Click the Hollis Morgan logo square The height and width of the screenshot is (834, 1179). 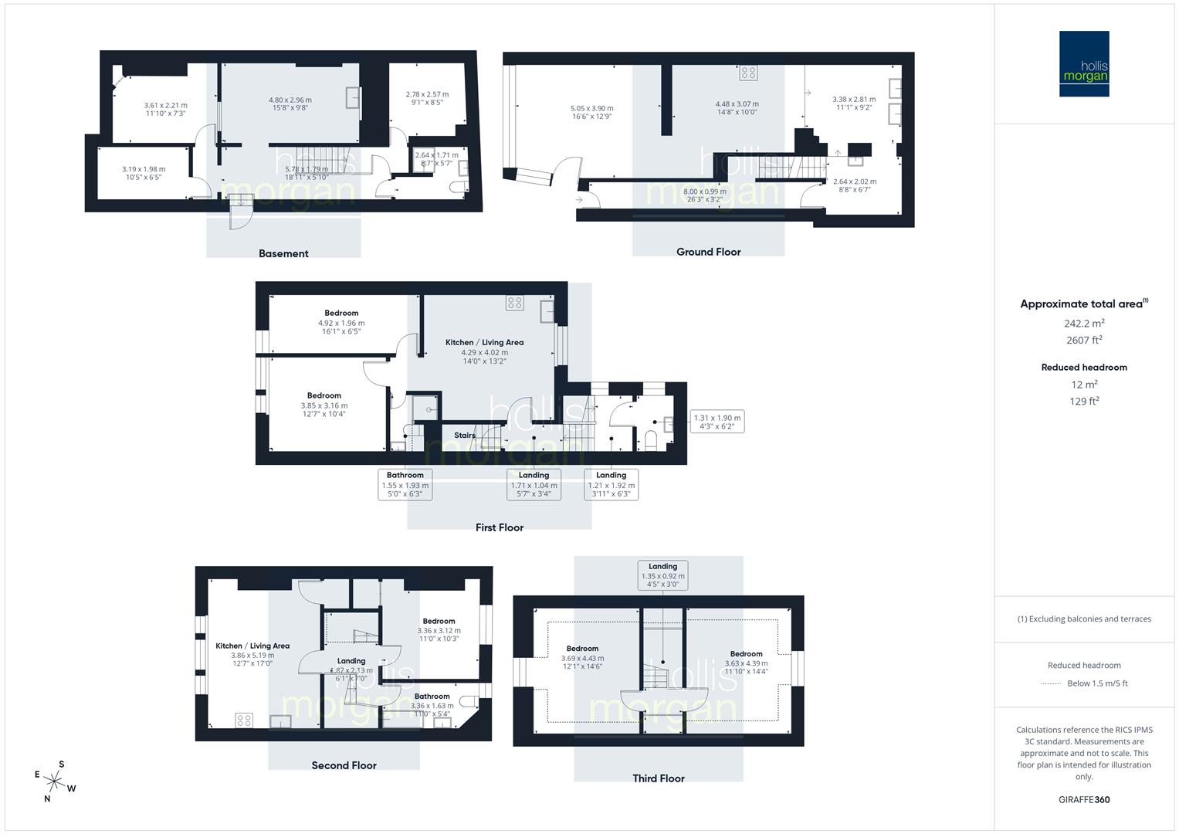[x=1083, y=63]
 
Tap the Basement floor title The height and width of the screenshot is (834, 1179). [x=283, y=253]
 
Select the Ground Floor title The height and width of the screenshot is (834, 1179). [x=708, y=252]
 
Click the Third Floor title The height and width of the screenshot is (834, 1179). [x=659, y=778]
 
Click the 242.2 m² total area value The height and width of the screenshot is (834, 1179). [x=1084, y=323]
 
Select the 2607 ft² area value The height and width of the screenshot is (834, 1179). [x=1084, y=340]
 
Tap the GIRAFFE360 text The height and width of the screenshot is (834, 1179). [x=1084, y=799]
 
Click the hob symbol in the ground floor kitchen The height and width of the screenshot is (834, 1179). [x=748, y=73]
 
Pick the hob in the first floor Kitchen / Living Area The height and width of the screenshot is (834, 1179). [x=515, y=303]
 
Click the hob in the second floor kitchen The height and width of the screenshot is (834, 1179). [x=244, y=720]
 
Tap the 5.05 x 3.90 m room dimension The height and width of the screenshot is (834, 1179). [x=592, y=109]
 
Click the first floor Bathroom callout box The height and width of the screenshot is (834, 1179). [x=405, y=485]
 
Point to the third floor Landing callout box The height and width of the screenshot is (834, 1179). [x=662, y=575]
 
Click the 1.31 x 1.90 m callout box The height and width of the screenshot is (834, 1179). [x=717, y=422]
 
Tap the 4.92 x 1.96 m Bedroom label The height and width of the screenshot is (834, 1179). [x=341, y=323]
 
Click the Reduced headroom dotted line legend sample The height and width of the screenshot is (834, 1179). [x=1051, y=683]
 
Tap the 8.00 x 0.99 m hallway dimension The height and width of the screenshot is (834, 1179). [x=704, y=192]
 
